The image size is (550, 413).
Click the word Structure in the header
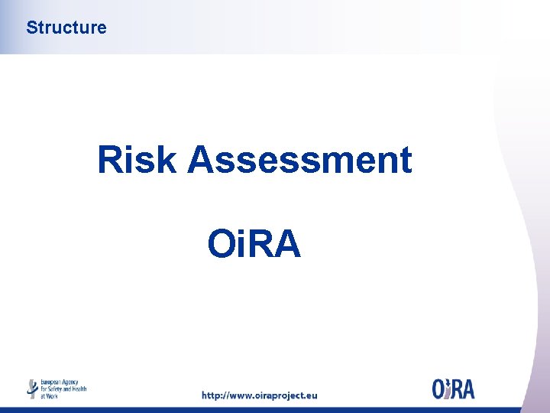point(66,28)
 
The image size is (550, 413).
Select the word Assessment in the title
point(299,161)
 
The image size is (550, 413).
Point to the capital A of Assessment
point(201,161)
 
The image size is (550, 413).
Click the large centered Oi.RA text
point(254,245)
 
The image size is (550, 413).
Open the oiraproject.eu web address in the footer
point(259,395)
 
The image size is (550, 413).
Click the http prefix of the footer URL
point(212,395)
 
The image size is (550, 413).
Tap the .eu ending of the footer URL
point(310,395)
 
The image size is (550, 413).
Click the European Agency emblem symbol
point(32,389)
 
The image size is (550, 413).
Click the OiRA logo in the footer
point(453,389)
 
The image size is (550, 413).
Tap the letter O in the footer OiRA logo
point(439,389)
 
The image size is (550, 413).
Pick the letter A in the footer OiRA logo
point(467,389)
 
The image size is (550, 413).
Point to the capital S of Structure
point(31,28)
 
